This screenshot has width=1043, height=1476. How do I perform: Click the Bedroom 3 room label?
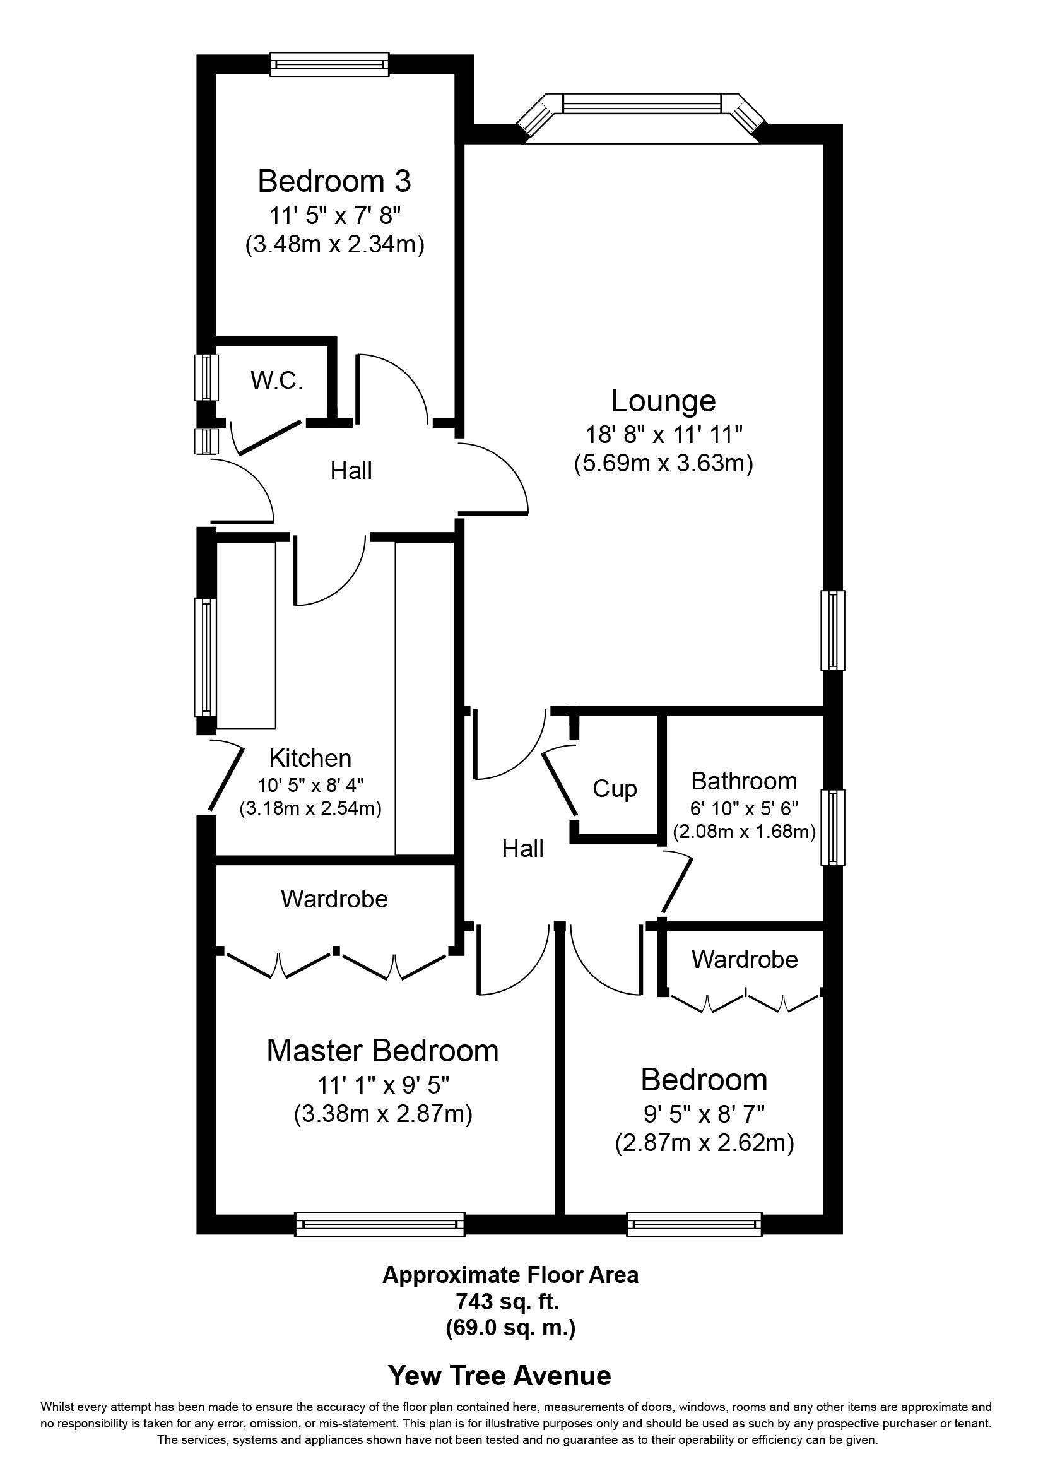point(334,182)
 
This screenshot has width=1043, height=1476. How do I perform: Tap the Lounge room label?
point(663,401)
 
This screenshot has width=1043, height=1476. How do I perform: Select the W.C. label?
point(277,381)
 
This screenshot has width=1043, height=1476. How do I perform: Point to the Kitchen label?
point(310,759)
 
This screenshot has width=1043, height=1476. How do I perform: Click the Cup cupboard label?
point(615,788)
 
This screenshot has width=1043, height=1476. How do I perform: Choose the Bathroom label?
point(744,781)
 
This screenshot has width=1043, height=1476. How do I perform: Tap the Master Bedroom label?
point(382,1051)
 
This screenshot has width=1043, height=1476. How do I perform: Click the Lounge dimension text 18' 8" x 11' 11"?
point(663,435)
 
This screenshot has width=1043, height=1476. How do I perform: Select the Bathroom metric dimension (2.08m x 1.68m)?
point(744,832)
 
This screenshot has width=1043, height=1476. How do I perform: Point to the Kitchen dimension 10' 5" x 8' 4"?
point(310,785)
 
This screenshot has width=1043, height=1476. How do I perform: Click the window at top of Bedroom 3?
point(329,64)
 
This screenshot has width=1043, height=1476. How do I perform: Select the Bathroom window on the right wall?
point(833,827)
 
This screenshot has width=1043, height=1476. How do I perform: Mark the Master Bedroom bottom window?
point(380,1224)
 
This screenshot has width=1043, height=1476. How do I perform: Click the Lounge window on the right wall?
point(833,630)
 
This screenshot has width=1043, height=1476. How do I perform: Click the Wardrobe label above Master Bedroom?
point(334,899)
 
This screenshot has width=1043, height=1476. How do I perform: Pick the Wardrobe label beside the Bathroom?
point(745,960)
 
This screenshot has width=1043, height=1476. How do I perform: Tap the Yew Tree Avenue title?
point(499,1375)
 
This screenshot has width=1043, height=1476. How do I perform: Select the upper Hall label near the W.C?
point(351,471)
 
